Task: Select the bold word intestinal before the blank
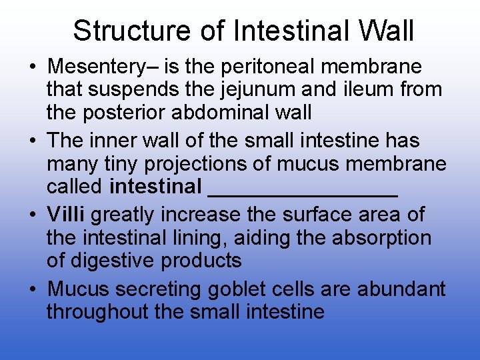tap(155, 187)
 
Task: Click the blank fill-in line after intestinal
tap(303, 193)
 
